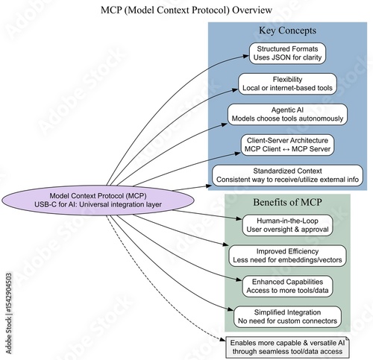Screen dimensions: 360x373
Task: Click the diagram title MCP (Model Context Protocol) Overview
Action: point(186,10)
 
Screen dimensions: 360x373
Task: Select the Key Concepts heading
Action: point(287,31)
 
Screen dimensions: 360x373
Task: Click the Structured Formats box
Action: point(287,54)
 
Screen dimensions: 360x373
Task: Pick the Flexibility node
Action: point(287,84)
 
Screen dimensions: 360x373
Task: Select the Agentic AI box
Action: point(287,114)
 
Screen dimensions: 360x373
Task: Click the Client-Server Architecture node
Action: point(287,144)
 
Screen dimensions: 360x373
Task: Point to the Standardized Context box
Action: point(287,174)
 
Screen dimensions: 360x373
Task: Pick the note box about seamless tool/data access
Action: point(287,346)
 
